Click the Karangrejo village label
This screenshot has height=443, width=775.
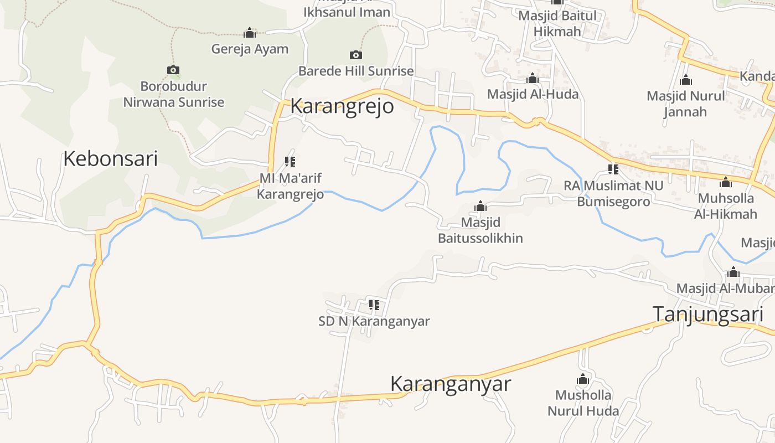pyautogui.click(x=342, y=106)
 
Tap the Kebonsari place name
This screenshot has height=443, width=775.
pyautogui.click(x=110, y=159)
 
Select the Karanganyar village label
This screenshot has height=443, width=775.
pyautogui.click(x=450, y=384)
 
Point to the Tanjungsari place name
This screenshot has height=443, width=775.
pyautogui.click(x=708, y=313)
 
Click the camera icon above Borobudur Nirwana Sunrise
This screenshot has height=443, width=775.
pyautogui.click(x=173, y=70)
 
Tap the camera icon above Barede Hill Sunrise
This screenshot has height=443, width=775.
pyautogui.click(x=356, y=55)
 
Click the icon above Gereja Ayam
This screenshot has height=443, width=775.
pyautogui.click(x=250, y=33)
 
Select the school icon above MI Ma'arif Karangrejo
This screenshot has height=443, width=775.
pyautogui.click(x=290, y=162)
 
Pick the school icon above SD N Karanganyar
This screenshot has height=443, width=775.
pyautogui.click(x=374, y=305)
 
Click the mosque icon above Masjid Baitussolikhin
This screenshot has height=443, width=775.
pyautogui.click(x=480, y=207)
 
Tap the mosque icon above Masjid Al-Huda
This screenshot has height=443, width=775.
pyautogui.click(x=533, y=79)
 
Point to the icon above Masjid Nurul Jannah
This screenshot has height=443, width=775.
pyautogui.click(x=686, y=80)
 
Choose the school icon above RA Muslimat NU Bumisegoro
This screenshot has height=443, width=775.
pyautogui.click(x=613, y=169)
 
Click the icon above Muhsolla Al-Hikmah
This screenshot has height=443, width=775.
pyautogui.click(x=726, y=182)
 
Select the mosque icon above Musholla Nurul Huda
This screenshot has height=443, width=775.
pyautogui.click(x=582, y=379)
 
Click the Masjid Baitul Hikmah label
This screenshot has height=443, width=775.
pyautogui.click(x=557, y=23)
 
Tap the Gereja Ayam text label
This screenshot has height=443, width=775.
pyautogui.click(x=250, y=49)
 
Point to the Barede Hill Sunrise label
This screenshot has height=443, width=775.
pyautogui.click(x=356, y=71)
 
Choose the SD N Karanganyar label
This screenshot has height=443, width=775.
pyautogui.click(x=374, y=321)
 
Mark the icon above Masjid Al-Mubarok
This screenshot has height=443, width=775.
pyautogui.click(x=733, y=272)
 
